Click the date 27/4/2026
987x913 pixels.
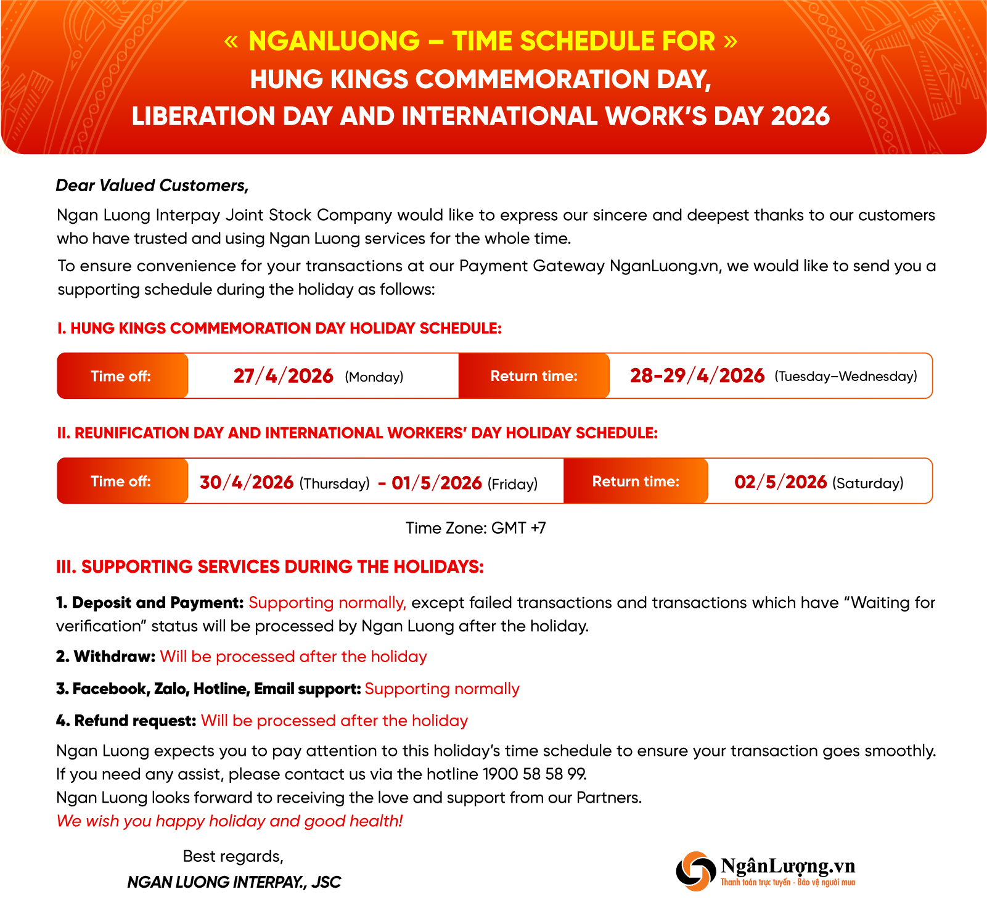[x=283, y=376]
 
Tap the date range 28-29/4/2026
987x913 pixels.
[x=697, y=376]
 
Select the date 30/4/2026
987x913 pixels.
[x=246, y=482]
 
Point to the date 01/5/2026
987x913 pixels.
[x=436, y=482]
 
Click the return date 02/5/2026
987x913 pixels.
[x=780, y=482]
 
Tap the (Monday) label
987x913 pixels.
[x=374, y=377]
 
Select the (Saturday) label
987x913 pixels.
[x=867, y=483]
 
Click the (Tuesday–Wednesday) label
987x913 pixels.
[x=845, y=377]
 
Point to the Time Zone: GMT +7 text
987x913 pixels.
[x=475, y=528]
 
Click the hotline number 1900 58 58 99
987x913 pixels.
[x=534, y=774]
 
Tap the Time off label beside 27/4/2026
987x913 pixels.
[x=121, y=376]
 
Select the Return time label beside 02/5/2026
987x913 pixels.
[x=636, y=481]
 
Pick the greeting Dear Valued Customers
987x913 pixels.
[x=152, y=186]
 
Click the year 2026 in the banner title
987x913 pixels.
[x=800, y=117]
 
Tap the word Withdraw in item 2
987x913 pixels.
[x=114, y=657]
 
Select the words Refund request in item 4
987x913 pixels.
[x=135, y=721]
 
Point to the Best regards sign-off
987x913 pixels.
[x=233, y=856]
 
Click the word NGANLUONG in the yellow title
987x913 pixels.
[x=334, y=41]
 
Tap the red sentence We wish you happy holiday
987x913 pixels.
[x=229, y=821]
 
